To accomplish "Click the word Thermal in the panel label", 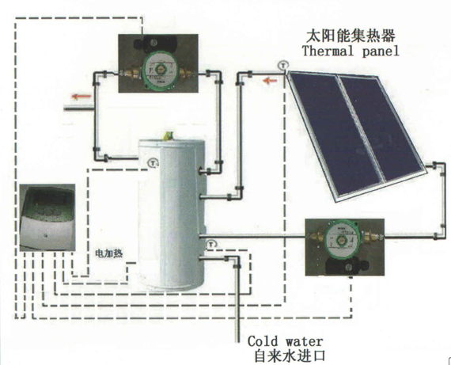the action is (x=328, y=51).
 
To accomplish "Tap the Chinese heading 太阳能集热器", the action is (x=351, y=36).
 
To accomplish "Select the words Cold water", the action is (x=285, y=341).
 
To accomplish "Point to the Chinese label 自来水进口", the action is (x=290, y=355).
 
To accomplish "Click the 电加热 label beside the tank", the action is (x=109, y=253).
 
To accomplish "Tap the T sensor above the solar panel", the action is (x=283, y=66).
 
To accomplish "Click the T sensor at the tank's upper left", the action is (x=153, y=162).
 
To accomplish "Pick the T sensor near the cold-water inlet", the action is (x=211, y=245).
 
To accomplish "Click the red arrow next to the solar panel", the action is (x=270, y=81).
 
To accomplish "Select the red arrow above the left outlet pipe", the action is (x=81, y=97).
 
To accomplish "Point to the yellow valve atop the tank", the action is (x=168, y=136).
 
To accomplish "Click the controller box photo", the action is (x=47, y=218).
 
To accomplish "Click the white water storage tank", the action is (x=172, y=215).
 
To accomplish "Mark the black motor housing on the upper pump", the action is (x=156, y=44).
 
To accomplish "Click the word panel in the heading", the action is (x=381, y=51).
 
